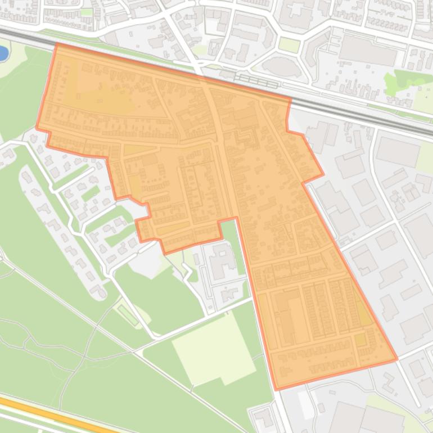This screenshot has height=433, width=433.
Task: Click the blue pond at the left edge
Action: pos(2,53)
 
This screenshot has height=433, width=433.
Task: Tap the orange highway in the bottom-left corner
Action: pos(51,413)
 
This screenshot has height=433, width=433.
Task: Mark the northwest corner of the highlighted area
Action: pos(57,44)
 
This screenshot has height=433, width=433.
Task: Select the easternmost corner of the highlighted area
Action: pos(397,359)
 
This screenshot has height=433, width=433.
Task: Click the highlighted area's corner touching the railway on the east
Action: pos(290,100)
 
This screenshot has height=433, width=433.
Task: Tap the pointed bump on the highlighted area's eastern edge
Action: pos(323,174)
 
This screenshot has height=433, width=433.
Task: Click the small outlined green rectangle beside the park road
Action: pos(128,315)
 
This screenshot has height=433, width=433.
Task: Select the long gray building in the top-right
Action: pos(368,51)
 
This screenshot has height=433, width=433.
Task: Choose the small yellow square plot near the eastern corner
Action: pos(359,340)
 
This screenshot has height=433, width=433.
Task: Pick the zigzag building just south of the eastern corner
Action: pos(387,382)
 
